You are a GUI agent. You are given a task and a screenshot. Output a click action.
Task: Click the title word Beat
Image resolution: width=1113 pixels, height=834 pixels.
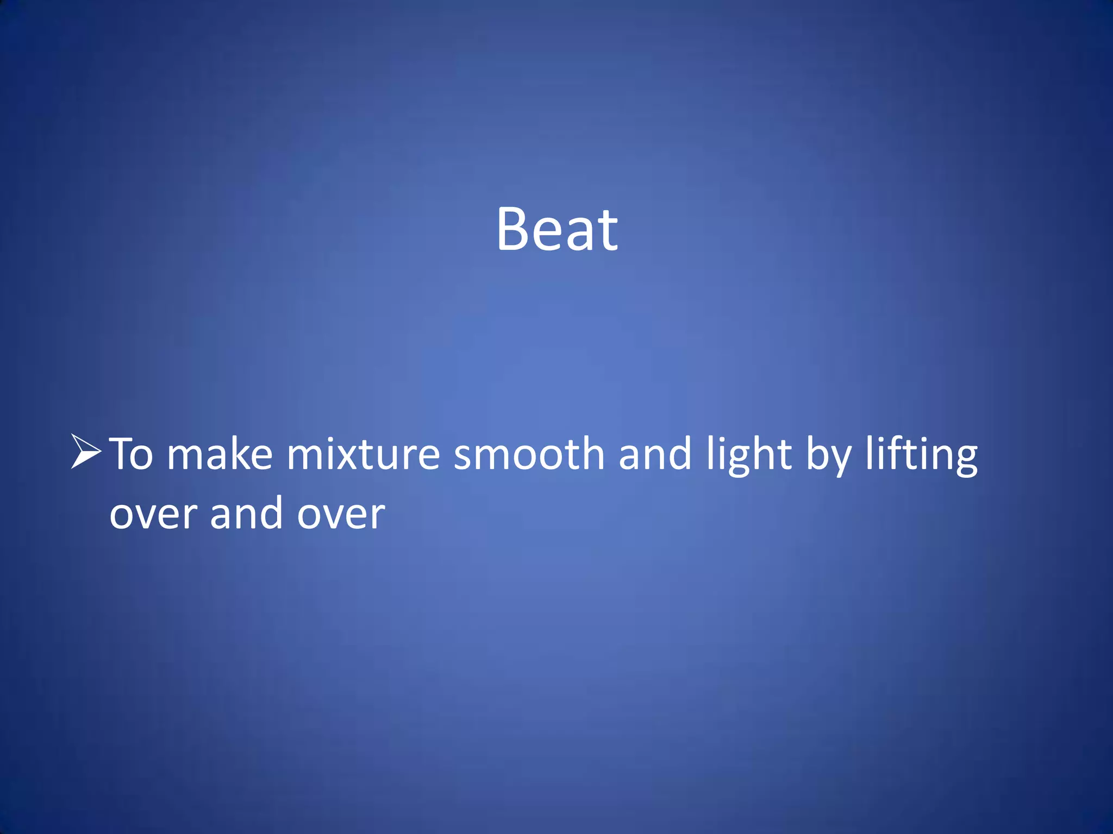[x=557, y=229]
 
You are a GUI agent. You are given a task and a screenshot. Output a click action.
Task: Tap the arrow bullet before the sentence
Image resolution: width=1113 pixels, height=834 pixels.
[x=86, y=451]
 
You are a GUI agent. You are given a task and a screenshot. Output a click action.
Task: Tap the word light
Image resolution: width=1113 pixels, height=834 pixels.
[x=749, y=455]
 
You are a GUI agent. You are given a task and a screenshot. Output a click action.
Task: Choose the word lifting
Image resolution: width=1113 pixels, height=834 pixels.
[x=922, y=455]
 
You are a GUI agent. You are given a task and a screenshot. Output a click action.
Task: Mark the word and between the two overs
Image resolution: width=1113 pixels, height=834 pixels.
[x=246, y=513]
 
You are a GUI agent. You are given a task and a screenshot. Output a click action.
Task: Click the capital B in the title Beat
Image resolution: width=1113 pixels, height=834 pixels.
[x=513, y=229]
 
